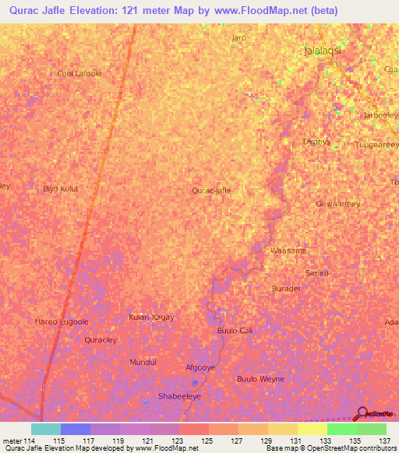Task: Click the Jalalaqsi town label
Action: (323, 51)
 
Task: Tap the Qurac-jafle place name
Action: (211, 190)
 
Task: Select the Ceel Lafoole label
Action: (79, 74)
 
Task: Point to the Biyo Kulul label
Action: (61, 189)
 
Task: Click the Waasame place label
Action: (288, 251)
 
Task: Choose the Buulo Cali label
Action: (234, 331)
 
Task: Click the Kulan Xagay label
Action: (151, 318)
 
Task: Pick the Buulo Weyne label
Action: (260, 379)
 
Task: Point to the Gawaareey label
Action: (337, 204)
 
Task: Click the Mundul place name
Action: (143, 363)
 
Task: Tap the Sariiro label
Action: (317, 273)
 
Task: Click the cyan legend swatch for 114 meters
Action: (45, 429)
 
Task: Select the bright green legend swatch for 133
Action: (341, 429)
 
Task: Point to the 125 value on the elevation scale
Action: (207, 441)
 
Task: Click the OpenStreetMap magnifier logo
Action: (362, 413)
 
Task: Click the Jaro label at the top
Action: (238, 37)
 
